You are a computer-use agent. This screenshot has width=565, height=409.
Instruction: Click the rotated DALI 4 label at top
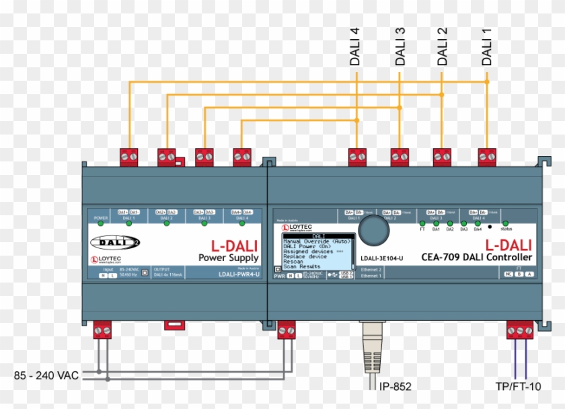[355, 46]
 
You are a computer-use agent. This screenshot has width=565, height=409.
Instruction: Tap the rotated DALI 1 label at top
[487, 46]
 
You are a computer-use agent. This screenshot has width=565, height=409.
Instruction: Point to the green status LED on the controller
[505, 223]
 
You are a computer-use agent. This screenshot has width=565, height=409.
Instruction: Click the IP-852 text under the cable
[396, 386]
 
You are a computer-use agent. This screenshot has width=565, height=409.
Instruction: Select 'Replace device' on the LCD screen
[305, 256]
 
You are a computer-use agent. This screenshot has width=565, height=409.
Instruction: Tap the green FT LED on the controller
[422, 223]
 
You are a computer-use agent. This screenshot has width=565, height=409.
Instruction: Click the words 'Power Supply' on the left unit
[228, 258]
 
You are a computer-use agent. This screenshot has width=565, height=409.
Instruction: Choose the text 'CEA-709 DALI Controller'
[476, 258]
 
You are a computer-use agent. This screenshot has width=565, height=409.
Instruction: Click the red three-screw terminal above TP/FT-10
[520, 330]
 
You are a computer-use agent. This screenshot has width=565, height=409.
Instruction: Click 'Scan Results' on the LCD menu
[301, 267]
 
